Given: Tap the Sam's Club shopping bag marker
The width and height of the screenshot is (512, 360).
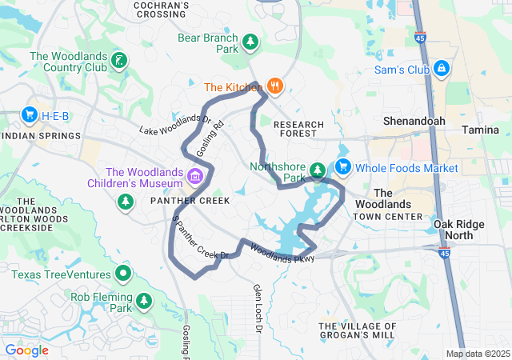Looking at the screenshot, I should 441,70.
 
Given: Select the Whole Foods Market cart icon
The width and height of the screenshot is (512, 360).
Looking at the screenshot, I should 343,167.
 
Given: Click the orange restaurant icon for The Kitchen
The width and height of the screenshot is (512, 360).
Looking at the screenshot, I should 275,86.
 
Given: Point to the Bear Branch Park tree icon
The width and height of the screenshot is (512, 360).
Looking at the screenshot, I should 250,41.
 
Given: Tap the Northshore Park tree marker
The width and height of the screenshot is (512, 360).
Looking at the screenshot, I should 318,170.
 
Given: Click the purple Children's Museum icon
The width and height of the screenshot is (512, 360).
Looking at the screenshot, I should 194,175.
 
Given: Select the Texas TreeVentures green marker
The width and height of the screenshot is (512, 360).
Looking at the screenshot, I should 122,275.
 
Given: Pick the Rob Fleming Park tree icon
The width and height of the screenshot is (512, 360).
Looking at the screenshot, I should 144,302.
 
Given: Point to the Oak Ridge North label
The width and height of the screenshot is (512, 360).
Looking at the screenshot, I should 458,230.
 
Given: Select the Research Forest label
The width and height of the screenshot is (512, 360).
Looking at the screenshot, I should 298,130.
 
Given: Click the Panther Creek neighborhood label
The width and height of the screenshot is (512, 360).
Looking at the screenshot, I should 190,200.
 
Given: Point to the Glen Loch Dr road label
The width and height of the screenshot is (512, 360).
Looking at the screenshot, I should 258,308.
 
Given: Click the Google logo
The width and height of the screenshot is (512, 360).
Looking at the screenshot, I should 27,350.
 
